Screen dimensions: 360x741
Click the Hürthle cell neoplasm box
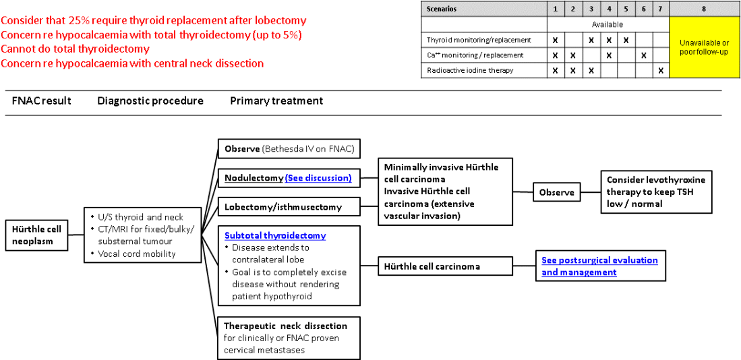(x=36, y=235)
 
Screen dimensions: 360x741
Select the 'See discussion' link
(x=318, y=178)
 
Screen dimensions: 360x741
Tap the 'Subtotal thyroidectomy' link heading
(x=275, y=235)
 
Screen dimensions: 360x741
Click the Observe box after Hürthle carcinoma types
(x=557, y=193)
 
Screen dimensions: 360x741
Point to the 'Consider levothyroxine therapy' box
(x=656, y=191)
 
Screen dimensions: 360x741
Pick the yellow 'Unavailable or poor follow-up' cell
(x=704, y=47)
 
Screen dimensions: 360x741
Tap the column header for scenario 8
(x=704, y=9)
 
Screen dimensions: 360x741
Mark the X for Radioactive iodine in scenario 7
(x=661, y=70)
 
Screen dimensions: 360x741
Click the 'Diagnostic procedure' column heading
(x=150, y=101)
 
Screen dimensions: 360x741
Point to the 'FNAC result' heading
(x=42, y=101)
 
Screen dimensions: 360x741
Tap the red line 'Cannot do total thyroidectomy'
(x=76, y=49)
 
